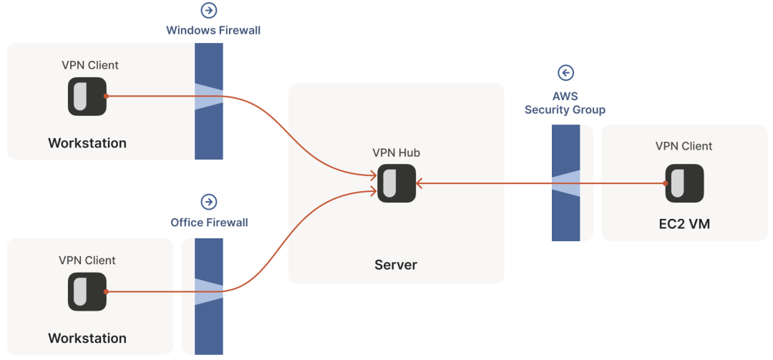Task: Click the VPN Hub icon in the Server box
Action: [x=397, y=183]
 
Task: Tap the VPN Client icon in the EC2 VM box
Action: [x=684, y=183]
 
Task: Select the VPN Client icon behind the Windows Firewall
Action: [x=87, y=96]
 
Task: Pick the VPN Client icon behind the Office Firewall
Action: [x=87, y=291]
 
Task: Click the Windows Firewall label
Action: [x=213, y=31]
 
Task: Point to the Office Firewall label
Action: [x=209, y=223]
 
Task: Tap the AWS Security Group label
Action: [x=565, y=103]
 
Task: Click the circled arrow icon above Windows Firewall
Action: [x=209, y=11]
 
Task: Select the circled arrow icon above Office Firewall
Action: [x=209, y=202]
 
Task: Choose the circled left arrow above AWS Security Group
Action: [x=566, y=73]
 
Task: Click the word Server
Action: [x=396, y=265]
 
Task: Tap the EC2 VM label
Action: [x=684, y=225]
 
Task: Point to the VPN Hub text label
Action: [x=396, y=152]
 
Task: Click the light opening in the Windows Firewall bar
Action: [x=208, y=97]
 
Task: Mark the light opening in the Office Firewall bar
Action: [x=208, y=291]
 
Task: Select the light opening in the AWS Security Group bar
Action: [x=565, y=183]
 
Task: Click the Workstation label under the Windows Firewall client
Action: [x=87, y=143]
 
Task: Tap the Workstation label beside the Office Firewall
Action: [x=87, y=338]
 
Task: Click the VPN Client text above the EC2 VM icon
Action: [x=684, y=146]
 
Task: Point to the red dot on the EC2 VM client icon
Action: [x=666, y=183]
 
